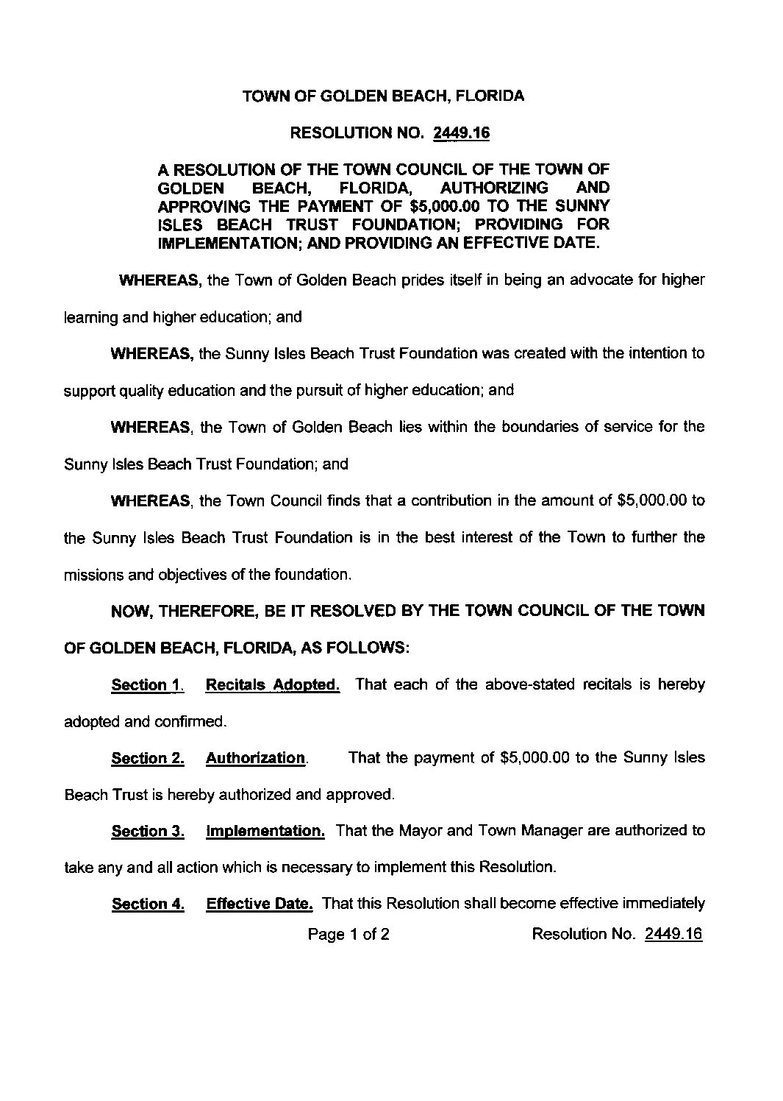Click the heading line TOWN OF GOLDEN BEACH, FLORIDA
click(383, 96)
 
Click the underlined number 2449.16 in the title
click(462, 133)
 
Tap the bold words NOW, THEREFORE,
click(170, 611)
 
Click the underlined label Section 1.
click(146, 685)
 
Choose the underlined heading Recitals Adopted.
click(273, 685)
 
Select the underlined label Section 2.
click(147, 758)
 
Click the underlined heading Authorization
click(255, 758)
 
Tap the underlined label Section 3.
click(147, 832)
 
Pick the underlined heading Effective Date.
click(260, 904)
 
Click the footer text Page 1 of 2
click(348, 935)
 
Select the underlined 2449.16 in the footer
click(673, 935)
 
